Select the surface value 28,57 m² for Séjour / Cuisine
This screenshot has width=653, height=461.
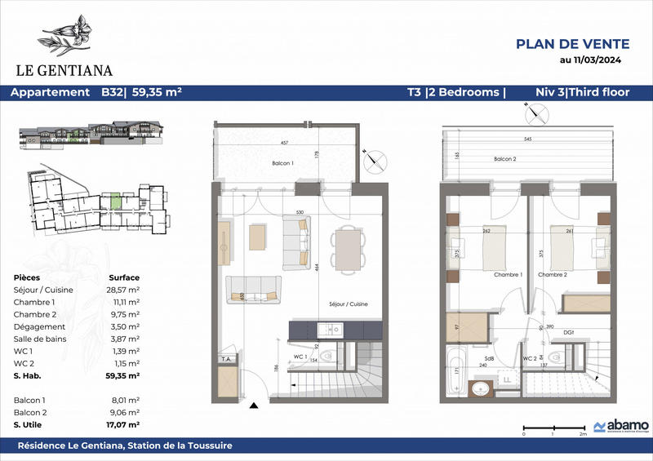123,290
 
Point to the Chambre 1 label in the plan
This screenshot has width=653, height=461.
509,274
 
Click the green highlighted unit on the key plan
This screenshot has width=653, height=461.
116,200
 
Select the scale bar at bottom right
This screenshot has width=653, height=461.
553,428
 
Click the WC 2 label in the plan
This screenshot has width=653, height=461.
528,358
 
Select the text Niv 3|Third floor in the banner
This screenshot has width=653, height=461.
582,92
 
